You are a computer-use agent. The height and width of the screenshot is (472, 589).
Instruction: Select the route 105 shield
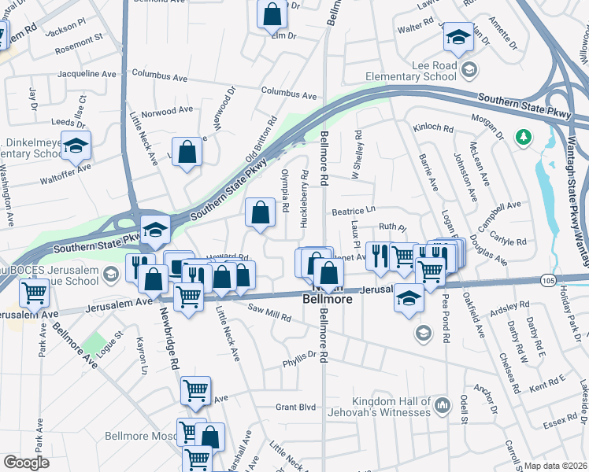pyautogui.click(x=549, y=279)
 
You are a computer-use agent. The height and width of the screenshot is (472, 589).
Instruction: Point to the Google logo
pyautogui.click(x=26, y=463)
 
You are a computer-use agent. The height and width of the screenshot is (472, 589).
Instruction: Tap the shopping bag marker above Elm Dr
pyautogui.click(x=272, y=13)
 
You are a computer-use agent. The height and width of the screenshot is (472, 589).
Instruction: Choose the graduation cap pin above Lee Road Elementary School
pyautogui.click(x=457, y=37)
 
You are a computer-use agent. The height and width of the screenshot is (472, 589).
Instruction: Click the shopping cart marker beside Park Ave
pyautogui.click(x=35, y=292)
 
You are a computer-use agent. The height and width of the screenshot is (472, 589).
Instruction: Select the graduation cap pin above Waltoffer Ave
pyautogui.click(x=76, y=146)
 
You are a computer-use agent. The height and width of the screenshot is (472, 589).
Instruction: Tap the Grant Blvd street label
pyautogui.click(x=295, y=407)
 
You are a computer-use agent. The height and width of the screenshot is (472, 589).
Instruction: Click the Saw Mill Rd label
pyautogui.click(x=269, y=312)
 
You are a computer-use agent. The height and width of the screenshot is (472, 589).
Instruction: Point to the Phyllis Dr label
pyautogui.click(x=299, y=359)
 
